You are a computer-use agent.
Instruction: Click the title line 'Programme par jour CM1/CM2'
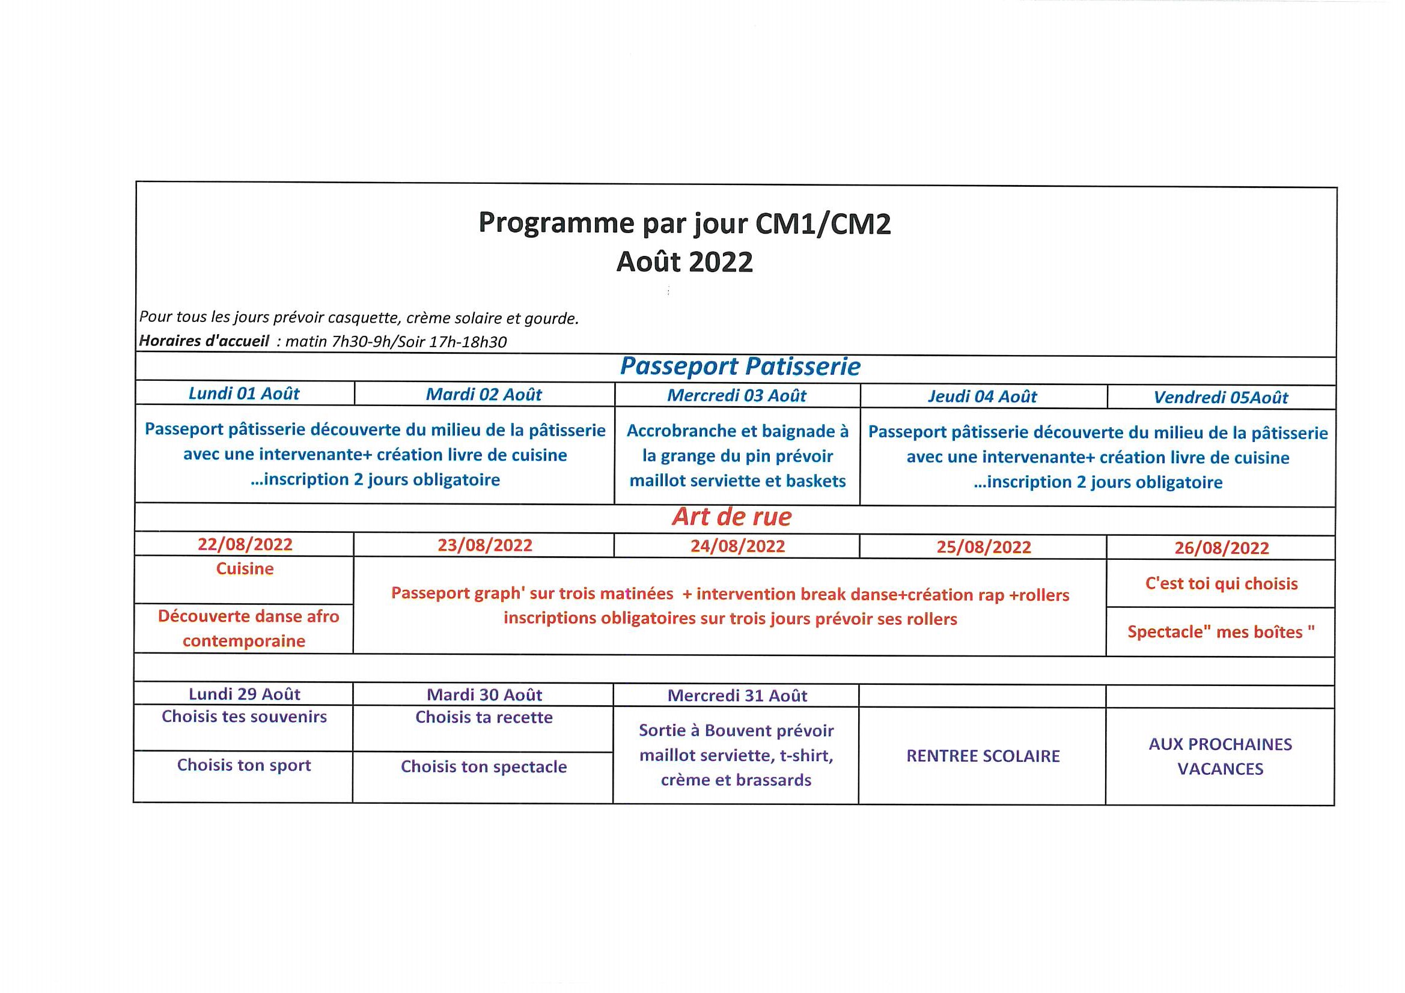pyautogui.click(x=684, y=223)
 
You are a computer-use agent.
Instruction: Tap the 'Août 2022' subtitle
pyautogui.click(x=684, y=262)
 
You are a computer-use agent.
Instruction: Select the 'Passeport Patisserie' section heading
pyautogui.click(x=740, y=366)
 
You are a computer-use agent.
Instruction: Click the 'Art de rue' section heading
pyautogui.click(x=732, y=517)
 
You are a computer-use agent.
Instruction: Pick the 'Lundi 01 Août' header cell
pyautogui.click(x=244, y=393)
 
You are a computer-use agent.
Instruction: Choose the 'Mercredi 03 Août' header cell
pyautogui.click(x=737, y=396)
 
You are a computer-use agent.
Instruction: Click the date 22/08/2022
pyautogui.click(x=245, y=544)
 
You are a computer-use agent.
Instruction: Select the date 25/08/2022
pyautogui.click(x=984, y=547)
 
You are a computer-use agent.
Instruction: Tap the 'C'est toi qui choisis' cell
pyautogui.click(x=1222, y=584)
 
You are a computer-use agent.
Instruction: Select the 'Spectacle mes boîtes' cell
pyautogui.click(x=1222, y=632)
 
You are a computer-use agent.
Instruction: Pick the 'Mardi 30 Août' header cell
pyautogui.click(x=484, y=695)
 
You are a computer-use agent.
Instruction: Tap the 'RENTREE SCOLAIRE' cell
pyautogui.click(x=983, y=756)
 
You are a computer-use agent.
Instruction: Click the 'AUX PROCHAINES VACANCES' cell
pyautogui.click(x=1220, y=757)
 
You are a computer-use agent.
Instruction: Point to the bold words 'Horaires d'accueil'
pyautogui.click(x=204, y=341)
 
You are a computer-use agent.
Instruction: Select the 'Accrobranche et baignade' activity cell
pyautogui.click(x=737, y=456)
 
